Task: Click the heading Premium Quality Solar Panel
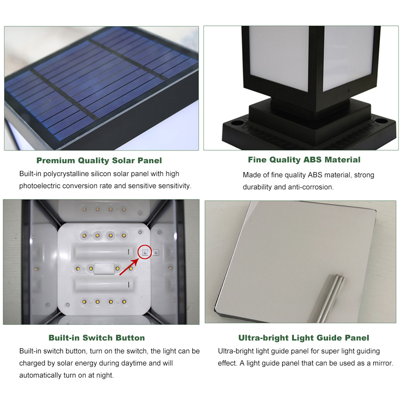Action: pos(99,160)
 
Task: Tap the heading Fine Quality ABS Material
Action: pos(304,160)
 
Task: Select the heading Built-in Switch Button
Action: pos(97,338)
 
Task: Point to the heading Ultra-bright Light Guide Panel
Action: pos(303,338)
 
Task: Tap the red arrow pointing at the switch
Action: pos(129,267)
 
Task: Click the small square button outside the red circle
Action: pos(156,253)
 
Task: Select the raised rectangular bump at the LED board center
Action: pos(104,268)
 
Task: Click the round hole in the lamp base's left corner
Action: pos(237,123)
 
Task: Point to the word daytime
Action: pos(135,363)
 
